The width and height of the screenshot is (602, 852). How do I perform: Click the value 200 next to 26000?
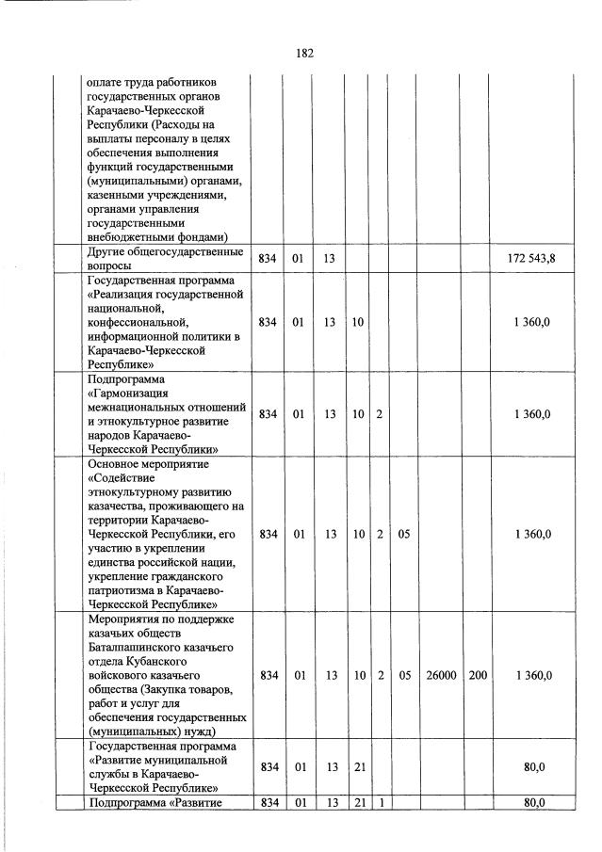[478, 676]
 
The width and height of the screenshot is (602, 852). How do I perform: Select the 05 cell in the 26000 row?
[404, 676]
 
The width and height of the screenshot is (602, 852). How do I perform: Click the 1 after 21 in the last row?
[379, 803]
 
